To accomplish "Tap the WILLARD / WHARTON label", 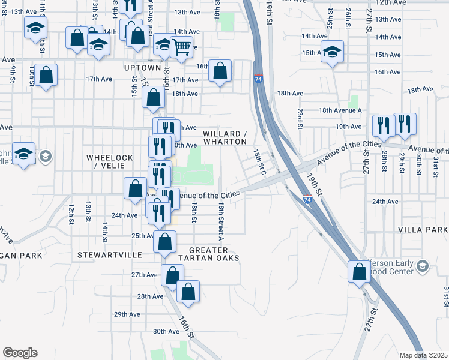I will [224, 137].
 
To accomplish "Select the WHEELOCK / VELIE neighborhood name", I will [109, 161].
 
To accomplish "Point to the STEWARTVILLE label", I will [109, 255].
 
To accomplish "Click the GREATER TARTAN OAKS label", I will [214, 254].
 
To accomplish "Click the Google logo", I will [20, 353].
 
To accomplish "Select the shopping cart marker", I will [181, 46].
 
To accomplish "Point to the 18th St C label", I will [260, 162].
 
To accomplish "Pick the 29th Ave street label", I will [127, 314].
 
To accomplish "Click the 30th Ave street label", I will [166, 331].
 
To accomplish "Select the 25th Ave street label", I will [144, 236].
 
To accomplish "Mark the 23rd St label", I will [298, 118].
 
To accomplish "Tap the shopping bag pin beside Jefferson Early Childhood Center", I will [359, 271].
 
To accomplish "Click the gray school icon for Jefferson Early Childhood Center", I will [422, 266].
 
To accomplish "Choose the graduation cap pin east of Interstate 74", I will [332, 52].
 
